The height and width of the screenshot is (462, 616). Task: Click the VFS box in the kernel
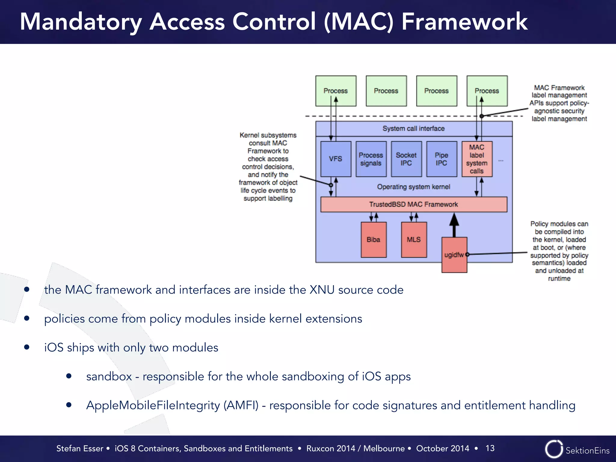pos(335,159)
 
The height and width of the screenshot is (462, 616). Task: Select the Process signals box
pos(371,159)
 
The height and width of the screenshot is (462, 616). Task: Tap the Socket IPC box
pos(406,159)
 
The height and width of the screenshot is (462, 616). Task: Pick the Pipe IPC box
pos(441,159)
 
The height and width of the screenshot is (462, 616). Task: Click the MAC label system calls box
pos(477,159)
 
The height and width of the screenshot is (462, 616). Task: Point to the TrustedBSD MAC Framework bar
pos(414,205)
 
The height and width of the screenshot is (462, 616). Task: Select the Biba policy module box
pos(373,240)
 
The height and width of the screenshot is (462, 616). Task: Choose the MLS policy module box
pos(414,240)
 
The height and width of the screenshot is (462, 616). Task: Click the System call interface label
pos(413,129)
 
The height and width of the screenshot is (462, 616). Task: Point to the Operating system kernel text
pos(413,187)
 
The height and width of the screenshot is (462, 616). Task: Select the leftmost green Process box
pos(335,91)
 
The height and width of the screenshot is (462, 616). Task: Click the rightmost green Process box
pos(487,91)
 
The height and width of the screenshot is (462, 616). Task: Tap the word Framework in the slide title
pos(464,22)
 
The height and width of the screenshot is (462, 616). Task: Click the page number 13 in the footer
pos(490,448)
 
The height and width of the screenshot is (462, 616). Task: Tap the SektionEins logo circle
pos(553,449)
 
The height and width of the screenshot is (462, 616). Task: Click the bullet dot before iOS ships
pos(27,347)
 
